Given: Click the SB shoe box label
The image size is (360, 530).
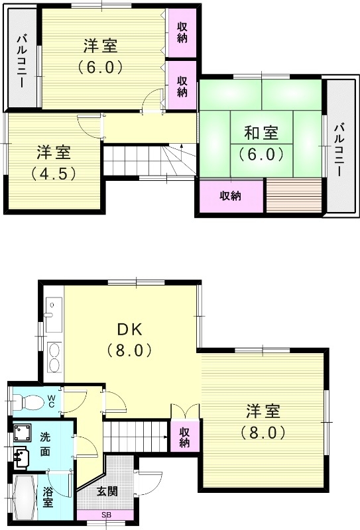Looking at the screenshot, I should [106, 515].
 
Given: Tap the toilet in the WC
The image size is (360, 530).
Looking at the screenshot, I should [30, 401].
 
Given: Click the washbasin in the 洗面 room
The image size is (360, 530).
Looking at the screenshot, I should [22, 456].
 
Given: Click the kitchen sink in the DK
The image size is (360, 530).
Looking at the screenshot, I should [53, 309].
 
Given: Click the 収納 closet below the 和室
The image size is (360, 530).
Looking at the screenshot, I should [230, 196].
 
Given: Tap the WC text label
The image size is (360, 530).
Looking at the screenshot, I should [51, 400].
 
